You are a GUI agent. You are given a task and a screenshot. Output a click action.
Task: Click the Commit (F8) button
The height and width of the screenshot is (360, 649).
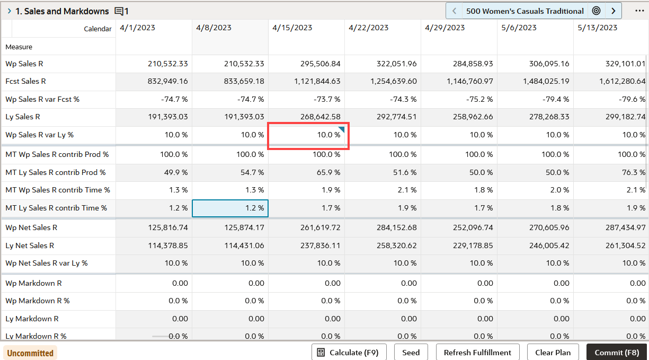(x=617, y=353)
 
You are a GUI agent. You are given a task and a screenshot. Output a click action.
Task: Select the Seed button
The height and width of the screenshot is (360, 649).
(x=411, y=353)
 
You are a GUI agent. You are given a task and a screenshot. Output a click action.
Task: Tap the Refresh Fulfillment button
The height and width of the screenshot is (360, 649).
(x=477, y=353)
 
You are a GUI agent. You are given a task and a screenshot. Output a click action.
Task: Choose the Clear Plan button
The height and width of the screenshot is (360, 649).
(x=553, y=353)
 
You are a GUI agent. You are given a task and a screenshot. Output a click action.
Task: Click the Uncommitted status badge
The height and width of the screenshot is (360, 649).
(x=30, y=353)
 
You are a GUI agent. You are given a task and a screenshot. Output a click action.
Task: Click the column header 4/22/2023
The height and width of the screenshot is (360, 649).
(x=369, y=28)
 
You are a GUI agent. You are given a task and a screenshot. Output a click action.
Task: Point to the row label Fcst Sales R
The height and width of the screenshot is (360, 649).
(x=25, y=82)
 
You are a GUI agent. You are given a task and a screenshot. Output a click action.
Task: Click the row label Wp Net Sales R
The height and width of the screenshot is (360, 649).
(x=31, y=228)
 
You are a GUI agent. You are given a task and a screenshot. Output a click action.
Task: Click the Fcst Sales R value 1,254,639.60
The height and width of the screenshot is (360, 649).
(x=390, y=82)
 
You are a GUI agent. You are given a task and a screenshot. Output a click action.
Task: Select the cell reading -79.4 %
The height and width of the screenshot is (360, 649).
(x=549, y=100)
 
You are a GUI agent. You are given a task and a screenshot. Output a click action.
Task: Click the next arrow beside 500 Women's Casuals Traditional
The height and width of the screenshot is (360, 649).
(x=614, y=11)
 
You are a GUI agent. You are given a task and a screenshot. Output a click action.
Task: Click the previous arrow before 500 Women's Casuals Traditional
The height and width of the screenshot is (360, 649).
(x=455, y=11)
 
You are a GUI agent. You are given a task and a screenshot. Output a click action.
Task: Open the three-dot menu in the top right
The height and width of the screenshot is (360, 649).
(x=639, y=11)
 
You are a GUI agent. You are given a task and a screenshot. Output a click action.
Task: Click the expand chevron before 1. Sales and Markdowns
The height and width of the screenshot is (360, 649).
(x=9, y=11)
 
